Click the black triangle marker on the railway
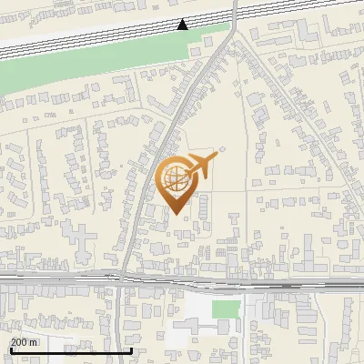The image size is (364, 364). coord(183,25)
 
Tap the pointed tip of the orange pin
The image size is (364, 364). coord(177,213)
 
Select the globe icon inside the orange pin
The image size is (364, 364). coord(177,178)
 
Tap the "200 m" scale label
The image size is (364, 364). coord(24,342)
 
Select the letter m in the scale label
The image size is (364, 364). coord(34,342)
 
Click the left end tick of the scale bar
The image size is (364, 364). coord(10,349)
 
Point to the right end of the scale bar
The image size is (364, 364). coord(132,349)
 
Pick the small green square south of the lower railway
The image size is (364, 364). coord(227,309)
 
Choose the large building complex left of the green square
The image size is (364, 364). coord(196,314)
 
